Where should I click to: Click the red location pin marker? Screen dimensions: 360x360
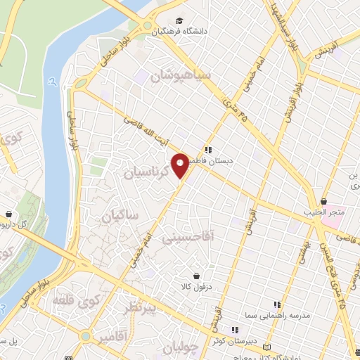[180, 165]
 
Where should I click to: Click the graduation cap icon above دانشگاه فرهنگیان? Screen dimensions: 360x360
[179, 20]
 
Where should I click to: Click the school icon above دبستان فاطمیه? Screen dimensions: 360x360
[208, 149]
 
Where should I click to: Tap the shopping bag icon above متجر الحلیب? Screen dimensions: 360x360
[323, 201]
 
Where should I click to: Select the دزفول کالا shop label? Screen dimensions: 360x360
[195, 285]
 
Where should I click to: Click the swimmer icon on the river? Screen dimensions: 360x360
[53, 82]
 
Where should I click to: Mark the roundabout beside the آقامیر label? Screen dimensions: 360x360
[86, 337]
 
